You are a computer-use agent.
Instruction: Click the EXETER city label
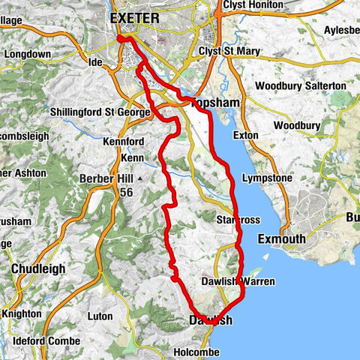coord(135,16)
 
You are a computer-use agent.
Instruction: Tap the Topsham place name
coord(214,102)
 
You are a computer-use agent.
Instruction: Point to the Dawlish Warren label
coord(239,282)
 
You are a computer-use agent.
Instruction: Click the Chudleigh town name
coord(38,268)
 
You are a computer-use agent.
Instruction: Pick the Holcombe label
coord(194,351)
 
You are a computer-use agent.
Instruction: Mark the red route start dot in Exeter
coord(121,39)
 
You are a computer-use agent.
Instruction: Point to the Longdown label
coord(29,55)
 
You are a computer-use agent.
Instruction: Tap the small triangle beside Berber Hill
coord(139,178)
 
